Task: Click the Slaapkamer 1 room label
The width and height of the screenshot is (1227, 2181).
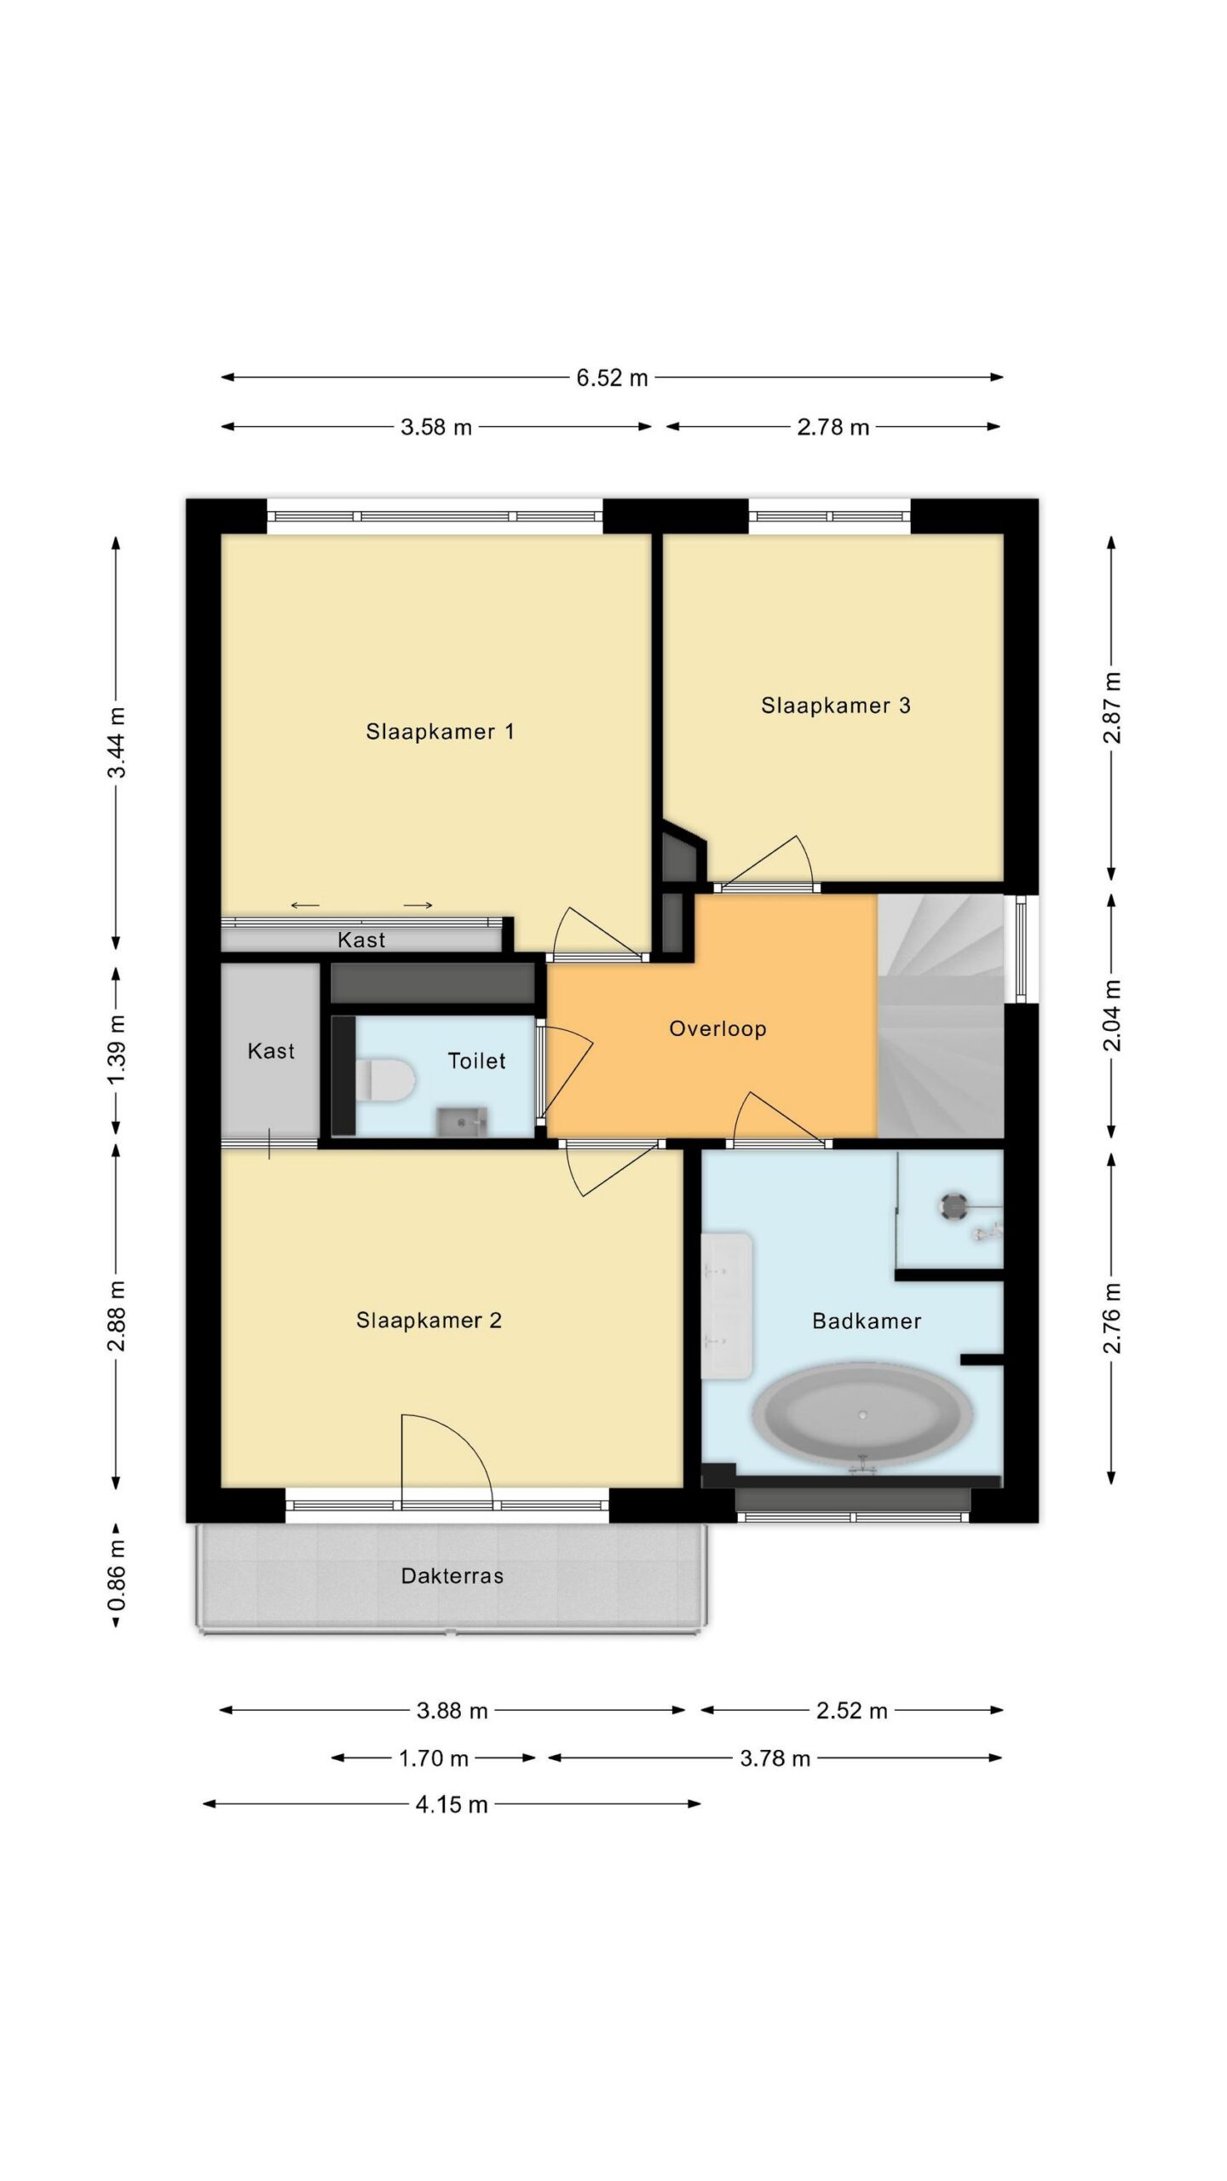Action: (440, 731)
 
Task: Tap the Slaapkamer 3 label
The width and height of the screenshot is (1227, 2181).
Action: (836, 705)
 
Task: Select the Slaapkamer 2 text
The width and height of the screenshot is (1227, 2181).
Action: (429, 1321)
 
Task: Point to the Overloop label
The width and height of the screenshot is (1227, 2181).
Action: (717, 1029)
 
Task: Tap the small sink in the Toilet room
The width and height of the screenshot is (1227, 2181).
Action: (462, 1122)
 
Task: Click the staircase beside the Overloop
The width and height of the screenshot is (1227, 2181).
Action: (941, 1015)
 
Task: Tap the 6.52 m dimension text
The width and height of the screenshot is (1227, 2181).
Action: (612, 377)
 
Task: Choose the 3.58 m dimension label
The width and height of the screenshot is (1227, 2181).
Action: (436, 427)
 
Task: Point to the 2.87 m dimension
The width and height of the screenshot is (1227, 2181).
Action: (1113, 707)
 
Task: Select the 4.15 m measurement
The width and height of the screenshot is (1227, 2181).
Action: (452, 1804)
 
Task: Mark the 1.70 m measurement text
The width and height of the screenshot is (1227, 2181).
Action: (434, 1758)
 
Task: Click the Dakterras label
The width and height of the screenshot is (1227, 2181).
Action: (452, 1576)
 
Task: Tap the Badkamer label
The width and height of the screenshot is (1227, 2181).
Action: (867, 1321)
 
